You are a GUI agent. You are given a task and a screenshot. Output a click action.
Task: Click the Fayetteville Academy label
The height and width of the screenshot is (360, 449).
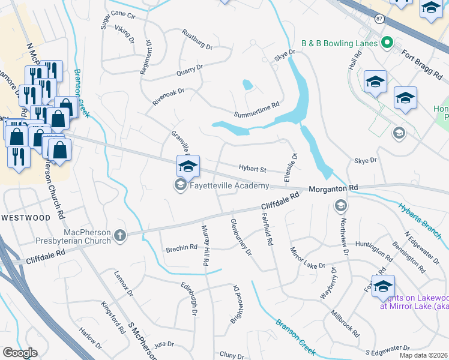pyautogui.click(x=229, y=186)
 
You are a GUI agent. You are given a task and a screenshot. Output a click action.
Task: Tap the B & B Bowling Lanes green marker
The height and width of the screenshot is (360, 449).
pyautogui.click(x=387, y=43)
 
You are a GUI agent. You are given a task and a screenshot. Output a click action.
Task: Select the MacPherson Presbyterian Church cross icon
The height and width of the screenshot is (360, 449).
pyautogui.click(x=120, y=236)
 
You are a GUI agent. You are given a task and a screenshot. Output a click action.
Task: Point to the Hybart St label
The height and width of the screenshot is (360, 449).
pyautogui.click(x=252, y=170)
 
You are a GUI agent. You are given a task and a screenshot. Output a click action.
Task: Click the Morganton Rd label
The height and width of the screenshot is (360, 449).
pyautogui.click(x=333, y=188)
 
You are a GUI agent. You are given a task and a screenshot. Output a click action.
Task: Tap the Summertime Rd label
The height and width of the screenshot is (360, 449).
pyautogui.click(x=257, y=110)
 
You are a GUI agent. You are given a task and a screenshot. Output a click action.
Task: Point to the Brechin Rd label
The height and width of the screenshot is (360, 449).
pyautogui.click(x=181, y=247)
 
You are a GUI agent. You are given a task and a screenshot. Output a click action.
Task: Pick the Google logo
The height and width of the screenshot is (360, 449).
pyautogui.click(x=20, y=353)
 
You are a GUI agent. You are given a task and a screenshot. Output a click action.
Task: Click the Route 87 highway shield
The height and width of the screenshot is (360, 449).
pyautogui.click(x=379, y=19)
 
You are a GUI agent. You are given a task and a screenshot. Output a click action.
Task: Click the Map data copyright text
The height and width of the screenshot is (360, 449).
pyautogui.click(x=423, y=355)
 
